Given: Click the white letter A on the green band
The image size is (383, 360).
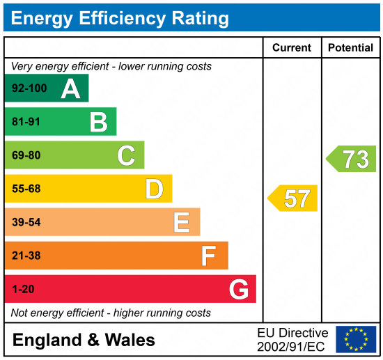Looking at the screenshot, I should [70, 88].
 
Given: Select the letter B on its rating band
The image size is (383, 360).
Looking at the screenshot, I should [98, 122].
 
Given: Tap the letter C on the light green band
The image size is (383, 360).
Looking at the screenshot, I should [126, 155].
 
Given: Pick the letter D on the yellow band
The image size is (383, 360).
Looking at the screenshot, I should [154, 189].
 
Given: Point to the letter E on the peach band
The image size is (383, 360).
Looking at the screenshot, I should [181, 222].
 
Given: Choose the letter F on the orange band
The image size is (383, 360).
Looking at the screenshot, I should [208, 256].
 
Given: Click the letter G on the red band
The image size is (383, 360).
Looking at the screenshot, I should [239, 289].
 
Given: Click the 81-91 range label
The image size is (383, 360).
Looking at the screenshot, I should [26, 123].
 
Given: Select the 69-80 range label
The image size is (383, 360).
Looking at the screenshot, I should [26, 156].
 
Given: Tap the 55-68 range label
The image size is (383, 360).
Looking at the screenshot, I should [26, 189].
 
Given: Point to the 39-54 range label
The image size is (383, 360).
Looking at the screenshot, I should [26, 222].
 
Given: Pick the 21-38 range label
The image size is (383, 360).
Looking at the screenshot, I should [26, 256].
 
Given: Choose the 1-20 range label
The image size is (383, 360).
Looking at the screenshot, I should [23, 289].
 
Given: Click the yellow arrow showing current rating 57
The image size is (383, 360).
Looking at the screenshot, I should [293, 198].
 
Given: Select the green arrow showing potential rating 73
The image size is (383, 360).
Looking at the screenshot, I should [352, 159].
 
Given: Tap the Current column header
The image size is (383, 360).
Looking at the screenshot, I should [292, 48].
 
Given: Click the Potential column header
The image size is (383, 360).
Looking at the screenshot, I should [351, 48].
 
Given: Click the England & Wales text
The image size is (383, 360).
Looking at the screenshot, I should [84, 340].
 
